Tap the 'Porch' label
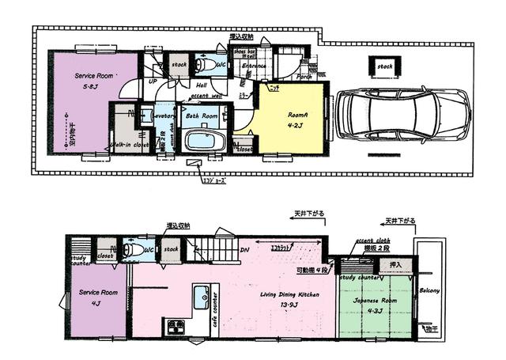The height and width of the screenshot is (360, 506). coord(304,78)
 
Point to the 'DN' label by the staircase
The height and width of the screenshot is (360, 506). coord(245,253)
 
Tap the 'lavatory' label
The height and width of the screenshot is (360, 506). coord(164,116)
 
